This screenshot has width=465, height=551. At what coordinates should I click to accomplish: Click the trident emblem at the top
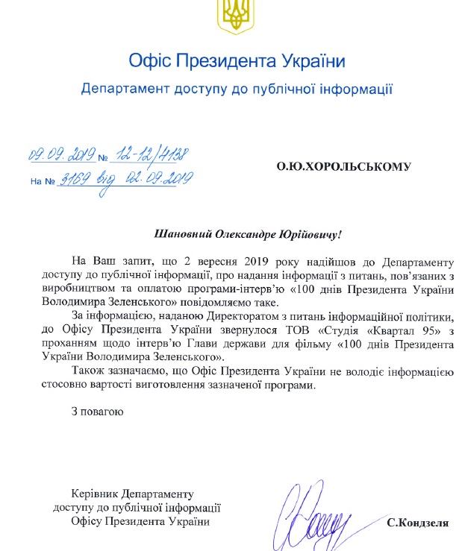click(233, 16)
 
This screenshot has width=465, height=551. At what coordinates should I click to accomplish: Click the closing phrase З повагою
click(94, 412)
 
